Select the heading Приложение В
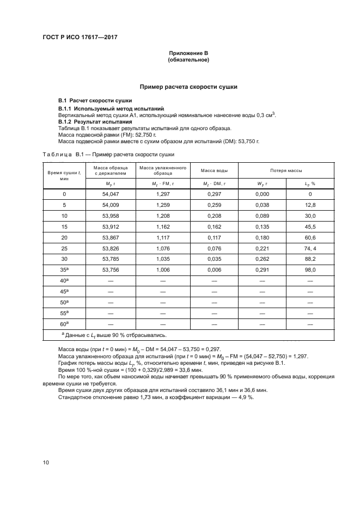[x=188, y=53]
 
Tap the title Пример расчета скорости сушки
[x=188, y=87]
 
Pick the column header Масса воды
[x=211, y=170]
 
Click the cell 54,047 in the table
[x=111, y=194]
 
